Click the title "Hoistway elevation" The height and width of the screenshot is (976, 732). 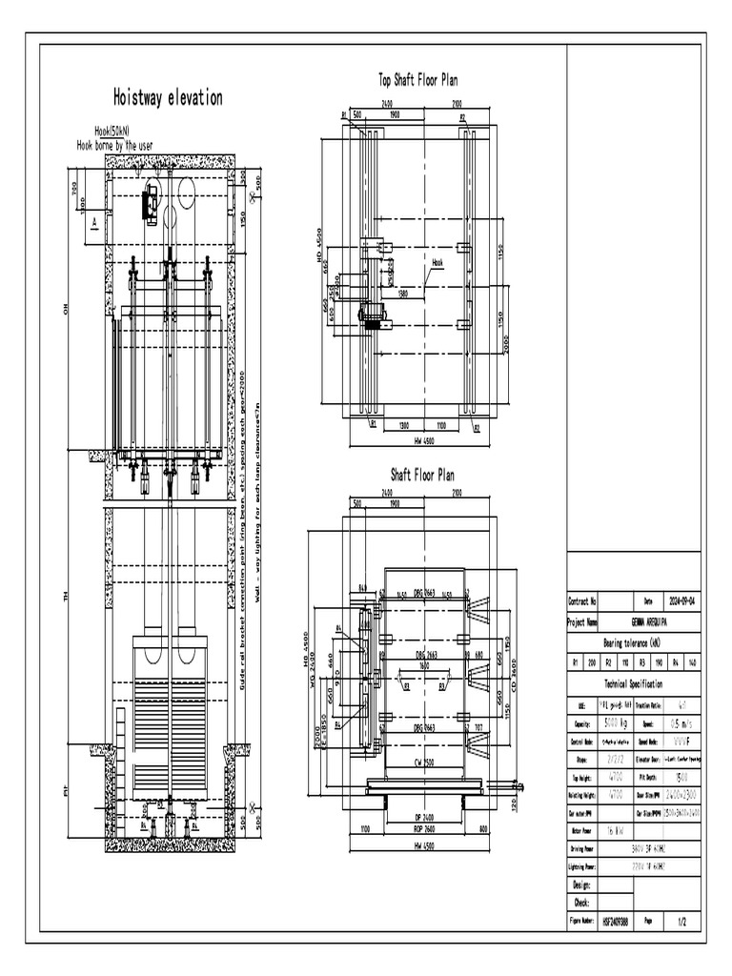pos(168,97)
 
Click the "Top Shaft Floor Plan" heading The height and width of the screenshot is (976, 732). pos(417,80)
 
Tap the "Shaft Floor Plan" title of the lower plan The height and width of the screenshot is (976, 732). pos(422,474)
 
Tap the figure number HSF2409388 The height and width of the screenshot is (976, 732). pos(616,923)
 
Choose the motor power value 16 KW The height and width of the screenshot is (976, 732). pos(614,831)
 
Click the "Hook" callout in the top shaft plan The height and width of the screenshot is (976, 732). pos(437,261)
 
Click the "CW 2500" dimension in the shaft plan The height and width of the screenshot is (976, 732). pos(423,762)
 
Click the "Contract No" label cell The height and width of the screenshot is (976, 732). pos(583,601)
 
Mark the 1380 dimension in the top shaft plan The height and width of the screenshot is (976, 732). pos(403,294)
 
